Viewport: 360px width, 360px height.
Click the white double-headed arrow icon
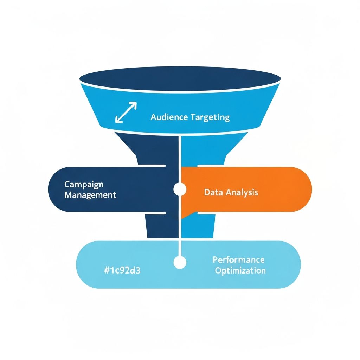pos(126,112)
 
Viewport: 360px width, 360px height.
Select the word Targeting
pos(210,117)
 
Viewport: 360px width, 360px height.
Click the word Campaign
pos(84,184)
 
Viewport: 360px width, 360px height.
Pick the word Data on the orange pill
pos(213,192)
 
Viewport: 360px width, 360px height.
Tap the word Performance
pos(238,260)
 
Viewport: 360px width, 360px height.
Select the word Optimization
pos(240,270)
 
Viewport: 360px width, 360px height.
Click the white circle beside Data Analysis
pos(180,189)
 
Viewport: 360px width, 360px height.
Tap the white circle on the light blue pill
pos(180,262)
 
